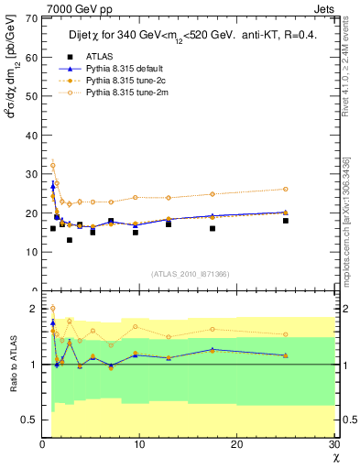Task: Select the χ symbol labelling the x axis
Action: point(335,458)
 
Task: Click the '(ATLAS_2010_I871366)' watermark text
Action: point(190,274)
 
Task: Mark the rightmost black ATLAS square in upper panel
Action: point(286,221)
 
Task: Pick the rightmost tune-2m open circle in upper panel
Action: point(286,189)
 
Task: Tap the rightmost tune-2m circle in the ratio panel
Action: point(286,334)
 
